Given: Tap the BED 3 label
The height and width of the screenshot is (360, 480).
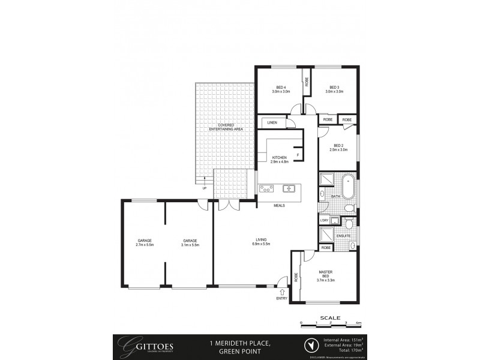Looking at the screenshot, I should point(334,88).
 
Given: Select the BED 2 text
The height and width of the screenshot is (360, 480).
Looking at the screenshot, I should point(338,146).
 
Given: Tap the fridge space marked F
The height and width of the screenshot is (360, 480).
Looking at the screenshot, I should point(298,155).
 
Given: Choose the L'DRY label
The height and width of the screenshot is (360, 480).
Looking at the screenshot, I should point(325,220).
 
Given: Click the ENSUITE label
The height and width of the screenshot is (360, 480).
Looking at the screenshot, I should point(343,236).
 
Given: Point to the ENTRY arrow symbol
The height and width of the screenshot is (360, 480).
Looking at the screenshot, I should point(282,291).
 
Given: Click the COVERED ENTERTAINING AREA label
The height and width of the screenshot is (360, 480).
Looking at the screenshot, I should point(226,127).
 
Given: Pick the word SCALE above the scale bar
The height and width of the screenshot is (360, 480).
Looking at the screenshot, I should point(330,317).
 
